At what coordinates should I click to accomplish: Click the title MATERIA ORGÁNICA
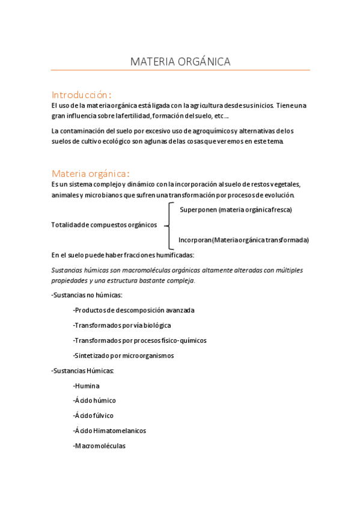tap(180, 61)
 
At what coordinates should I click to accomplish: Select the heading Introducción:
tap(81, 94)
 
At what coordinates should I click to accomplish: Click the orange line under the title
tap(180, 70)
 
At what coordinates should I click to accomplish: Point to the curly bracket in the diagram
tap(171, 224)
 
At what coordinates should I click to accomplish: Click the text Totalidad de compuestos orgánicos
tap(104, 225)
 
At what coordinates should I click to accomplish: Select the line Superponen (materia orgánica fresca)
tap(236, 209)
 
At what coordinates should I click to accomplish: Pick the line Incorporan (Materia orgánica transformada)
tap(243, 240)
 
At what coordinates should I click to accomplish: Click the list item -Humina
tap(86, 386)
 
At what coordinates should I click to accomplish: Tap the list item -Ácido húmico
tap(94, 401)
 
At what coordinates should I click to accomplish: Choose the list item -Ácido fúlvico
tap(93, 416)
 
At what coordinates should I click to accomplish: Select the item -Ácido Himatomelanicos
tap(109, 431)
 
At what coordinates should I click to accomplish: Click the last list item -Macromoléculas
tap(99, 446)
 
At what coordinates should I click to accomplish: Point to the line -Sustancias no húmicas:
tap(87, 295)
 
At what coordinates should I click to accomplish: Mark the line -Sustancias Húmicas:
tap(83, 370)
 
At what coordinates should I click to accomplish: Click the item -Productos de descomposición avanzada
tap(133, 310)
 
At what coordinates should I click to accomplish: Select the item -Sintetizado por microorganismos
tap(123, 355)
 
